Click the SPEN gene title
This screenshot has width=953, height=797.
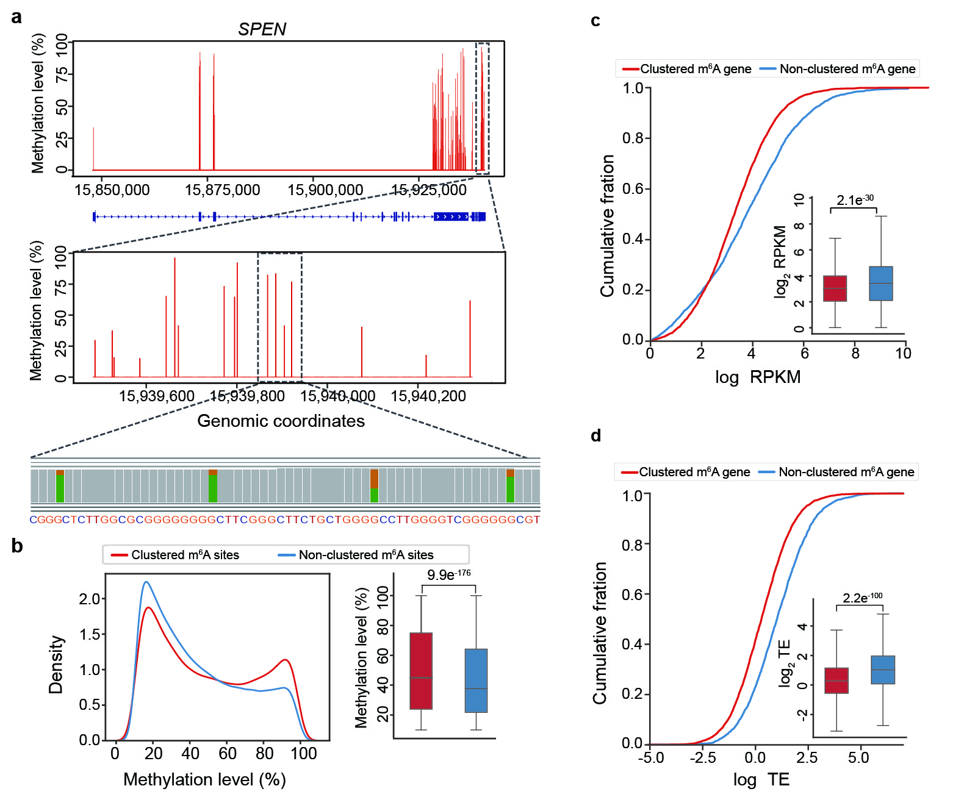point(262,29)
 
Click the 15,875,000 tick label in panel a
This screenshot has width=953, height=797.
point(222,190)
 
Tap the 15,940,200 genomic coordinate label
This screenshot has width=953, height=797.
point(428,396)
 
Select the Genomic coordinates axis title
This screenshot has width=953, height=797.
point(281,421)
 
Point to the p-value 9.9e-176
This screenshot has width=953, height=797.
point(448,574)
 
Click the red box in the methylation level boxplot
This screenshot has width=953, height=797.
point(421,671)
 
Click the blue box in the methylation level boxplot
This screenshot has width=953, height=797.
point(476,681)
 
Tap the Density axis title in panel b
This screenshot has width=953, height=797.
point(56,665)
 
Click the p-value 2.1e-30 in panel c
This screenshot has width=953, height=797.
point(855,200)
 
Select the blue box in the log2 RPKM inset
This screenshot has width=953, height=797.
point(881,284)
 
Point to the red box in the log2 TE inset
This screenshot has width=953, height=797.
point(836,680)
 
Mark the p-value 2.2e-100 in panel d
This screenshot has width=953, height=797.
point(862,598)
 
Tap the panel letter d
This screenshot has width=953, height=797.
point(596,435)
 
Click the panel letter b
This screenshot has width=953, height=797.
point(17,546)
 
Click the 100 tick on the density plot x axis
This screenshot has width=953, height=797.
point(303,754)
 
